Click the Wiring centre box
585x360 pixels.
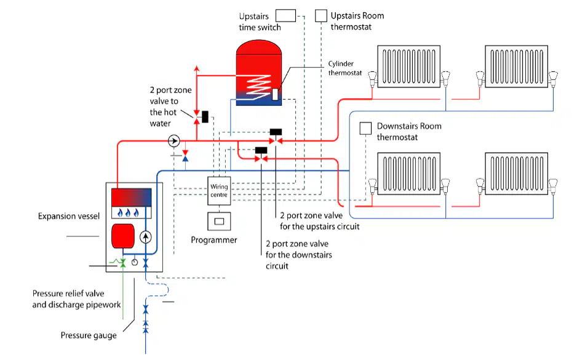[x=219, y=191]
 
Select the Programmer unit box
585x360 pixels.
[x=219, y=221]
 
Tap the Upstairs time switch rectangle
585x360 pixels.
[x=285, y=15]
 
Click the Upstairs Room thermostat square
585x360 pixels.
[x=321, y=15]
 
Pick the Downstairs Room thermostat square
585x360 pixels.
[x=365, y=129]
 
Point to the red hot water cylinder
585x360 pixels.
[x=258, y=73]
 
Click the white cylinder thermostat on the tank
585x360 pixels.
[x=275, y=94]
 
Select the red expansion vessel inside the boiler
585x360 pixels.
[x=123, y=236]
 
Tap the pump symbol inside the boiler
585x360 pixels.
[x=146, y=237]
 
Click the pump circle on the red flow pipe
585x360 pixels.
[x=174, y=141]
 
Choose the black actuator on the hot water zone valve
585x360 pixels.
[x=205, y=117]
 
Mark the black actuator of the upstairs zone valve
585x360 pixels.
[x=276, y=132]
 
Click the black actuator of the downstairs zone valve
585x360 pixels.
[x=261, y=150]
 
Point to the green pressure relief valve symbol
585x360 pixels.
[x=122, y=263]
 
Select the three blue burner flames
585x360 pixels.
[x=128, y=213]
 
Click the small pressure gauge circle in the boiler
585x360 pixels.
[x=135, y=262]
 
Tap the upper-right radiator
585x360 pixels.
[x=516, y=66]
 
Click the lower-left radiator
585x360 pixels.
[x=409, y=174]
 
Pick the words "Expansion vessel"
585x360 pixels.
[x=69, y=216]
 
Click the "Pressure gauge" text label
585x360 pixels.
[x=89, y=335]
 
